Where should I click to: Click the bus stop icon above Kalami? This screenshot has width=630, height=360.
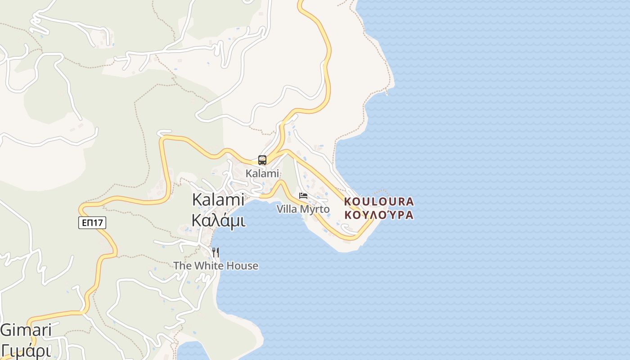click(x=262, y=160)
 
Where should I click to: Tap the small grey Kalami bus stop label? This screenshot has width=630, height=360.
click(x=262, y=173)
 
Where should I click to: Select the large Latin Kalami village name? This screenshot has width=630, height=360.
click(x=218, y=199)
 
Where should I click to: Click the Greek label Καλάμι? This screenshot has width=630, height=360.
click(x=218, y=220)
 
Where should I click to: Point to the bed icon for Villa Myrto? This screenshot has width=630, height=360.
click(x=303, y=196)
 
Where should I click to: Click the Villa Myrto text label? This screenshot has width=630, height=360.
click(x=303, y=209)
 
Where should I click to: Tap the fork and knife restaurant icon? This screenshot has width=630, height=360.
click(x=216, y=252)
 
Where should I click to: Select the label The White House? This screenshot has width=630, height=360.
click(x=216, y=265)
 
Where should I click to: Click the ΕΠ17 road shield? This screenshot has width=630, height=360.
click(x=92, y=222)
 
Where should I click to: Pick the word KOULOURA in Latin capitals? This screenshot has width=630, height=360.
click(x=379, y=201)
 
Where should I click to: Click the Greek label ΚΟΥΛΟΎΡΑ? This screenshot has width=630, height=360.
click(x=379, y=215)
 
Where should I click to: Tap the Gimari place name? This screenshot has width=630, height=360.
click(x=26, y=330)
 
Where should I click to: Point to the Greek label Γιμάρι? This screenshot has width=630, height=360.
click(x=26, y=350)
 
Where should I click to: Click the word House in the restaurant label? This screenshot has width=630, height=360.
click(x=242, y=265)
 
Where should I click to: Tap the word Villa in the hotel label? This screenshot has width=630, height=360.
click(x=287, y=209)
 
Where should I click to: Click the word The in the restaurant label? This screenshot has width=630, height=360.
click(x=182, y=265)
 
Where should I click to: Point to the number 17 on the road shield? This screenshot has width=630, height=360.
click(x=99, y=222)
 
